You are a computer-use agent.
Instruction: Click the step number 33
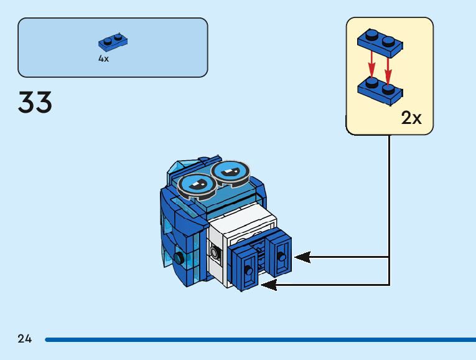[x=35, y=103]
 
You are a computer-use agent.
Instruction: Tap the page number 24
[x=25, y=339]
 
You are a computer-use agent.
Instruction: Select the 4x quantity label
[x=103, y=59]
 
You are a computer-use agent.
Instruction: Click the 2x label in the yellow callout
[x=411, y=118]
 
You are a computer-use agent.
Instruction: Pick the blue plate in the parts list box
[x=113, y=42]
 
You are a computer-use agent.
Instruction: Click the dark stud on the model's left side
[x=179, y=258]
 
